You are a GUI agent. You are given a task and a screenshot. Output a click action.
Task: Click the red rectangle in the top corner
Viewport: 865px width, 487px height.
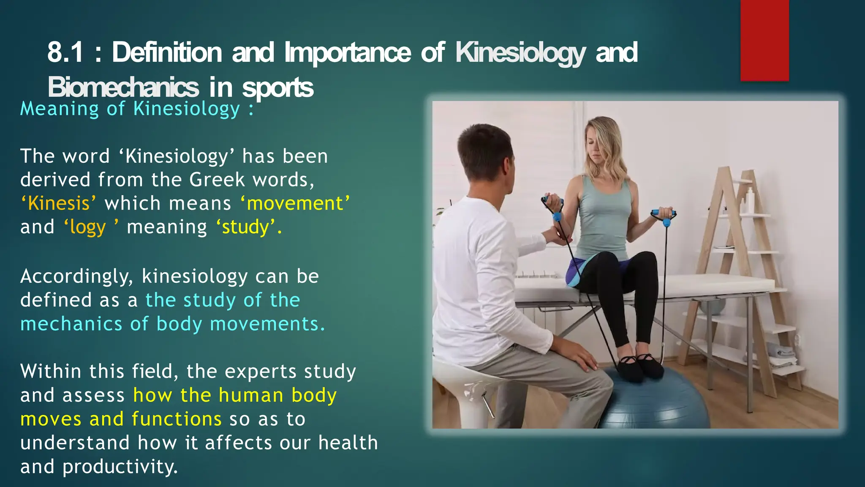[x=764, y=40]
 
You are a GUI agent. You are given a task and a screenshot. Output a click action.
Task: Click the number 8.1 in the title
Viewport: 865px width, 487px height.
[x=65, y=52]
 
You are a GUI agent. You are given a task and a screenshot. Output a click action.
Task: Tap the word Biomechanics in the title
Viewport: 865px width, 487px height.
[x=123, y=88]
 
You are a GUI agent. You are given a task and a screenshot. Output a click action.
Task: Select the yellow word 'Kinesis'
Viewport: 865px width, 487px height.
[x=59, y=203]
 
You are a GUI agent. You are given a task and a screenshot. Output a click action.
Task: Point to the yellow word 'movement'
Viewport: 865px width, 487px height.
[x=295, y=203]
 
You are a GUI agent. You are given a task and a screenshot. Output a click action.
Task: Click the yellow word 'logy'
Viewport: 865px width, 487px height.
[x=88, y=227]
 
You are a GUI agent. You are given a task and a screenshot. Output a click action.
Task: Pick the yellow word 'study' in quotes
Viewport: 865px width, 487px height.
[x=245, y=227]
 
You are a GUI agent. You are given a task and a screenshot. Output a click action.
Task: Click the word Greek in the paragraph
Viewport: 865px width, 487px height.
[x=217, y=180]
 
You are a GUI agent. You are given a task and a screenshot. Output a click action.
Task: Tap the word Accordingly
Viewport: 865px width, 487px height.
[x=76, y=276]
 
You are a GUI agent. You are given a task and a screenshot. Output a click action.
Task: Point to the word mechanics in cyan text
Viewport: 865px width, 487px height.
[x=71, y=324]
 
